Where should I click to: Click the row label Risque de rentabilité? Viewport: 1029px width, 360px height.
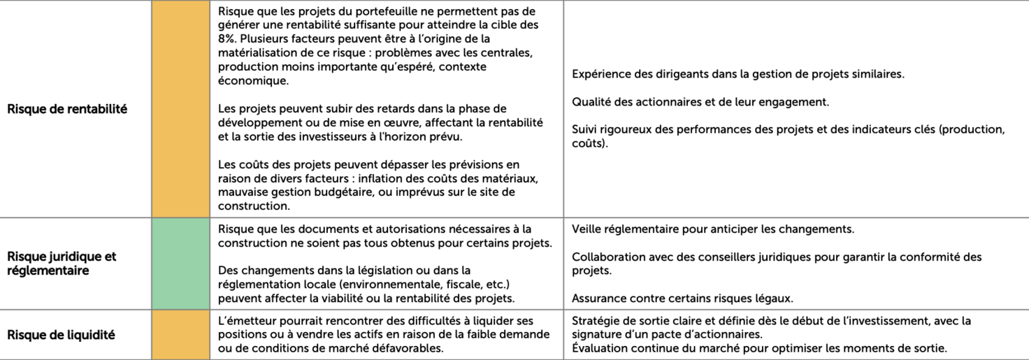click(67, 109)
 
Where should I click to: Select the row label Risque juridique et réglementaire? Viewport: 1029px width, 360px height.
click(62, 264)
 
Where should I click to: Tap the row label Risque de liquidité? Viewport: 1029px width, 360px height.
click(61, 335)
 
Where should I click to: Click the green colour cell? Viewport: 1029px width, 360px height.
click(180, 264)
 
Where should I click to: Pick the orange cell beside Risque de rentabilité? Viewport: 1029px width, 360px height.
click(180, 109)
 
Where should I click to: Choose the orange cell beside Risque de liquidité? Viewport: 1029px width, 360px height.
click(180, 335)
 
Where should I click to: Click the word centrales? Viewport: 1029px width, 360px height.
click(514, 52)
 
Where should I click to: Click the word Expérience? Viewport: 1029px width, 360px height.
click(600, 74)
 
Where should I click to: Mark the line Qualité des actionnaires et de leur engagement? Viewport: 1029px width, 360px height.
click(700, 102)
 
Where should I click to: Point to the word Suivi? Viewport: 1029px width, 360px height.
click(584, 130)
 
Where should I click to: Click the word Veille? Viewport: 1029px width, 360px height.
click(587, 229)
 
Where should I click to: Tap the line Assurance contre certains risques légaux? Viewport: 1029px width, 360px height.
click(682, 298)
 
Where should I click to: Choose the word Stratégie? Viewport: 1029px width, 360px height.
click(596, 321)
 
